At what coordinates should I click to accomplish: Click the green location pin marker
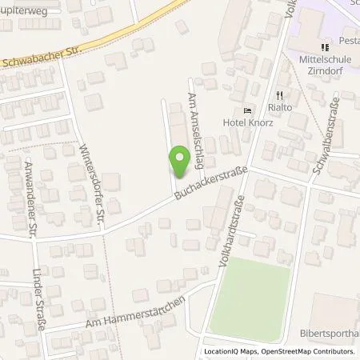(x=180, y=163)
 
